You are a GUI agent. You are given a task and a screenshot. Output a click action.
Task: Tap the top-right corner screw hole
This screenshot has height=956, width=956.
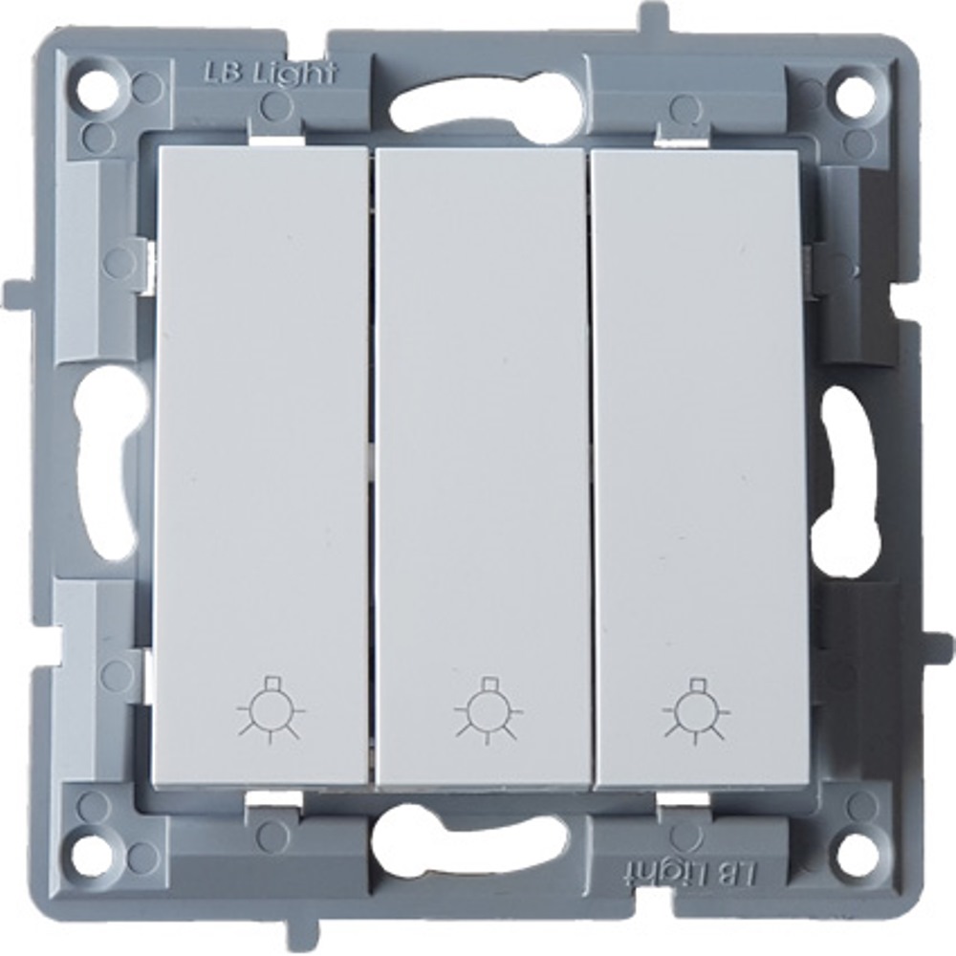(854, 91)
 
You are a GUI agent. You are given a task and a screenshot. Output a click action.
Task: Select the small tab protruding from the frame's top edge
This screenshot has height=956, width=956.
(652, 18)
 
